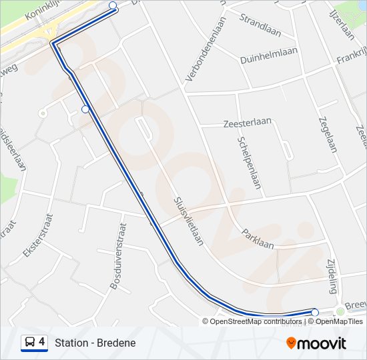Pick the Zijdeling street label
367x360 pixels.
tap(333, 276)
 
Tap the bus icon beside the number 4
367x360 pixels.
tap(30, 343)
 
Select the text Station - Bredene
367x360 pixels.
tap(95, 343)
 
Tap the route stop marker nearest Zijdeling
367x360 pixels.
tap(315, 312)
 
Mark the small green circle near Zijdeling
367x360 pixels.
tap(340, 311)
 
